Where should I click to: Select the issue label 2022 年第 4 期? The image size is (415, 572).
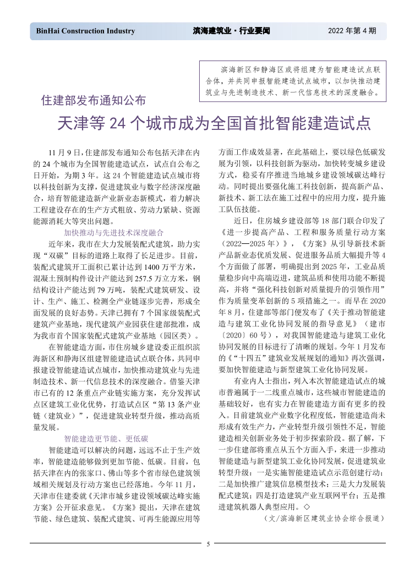click(352, 31)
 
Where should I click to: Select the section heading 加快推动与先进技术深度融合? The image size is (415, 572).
click(114, 232)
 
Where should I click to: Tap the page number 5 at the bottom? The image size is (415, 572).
click(208, 544)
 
